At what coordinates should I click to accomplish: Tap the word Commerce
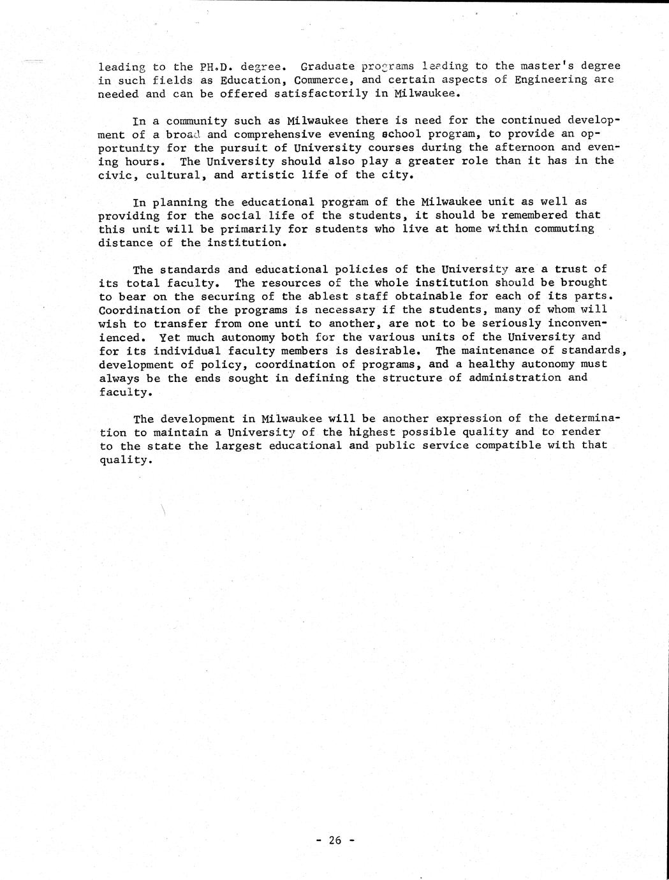(321, 80)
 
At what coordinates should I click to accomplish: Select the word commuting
(565, 228)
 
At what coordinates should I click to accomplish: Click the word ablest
(331, 297)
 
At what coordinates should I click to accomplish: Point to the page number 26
(335, 840)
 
